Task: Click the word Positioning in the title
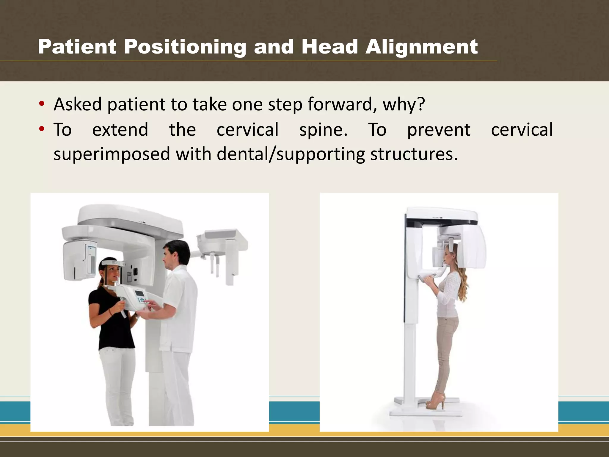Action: pyautogui.click(x=185, y=47)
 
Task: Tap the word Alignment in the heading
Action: pyautogui.click(x=421, y=47)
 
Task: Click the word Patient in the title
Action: pyautogui.click(x=77, y=47)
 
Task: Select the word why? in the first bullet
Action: pyautogui.click(x=404, y=104)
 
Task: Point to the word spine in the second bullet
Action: pyautogui.click(x=323, y=130)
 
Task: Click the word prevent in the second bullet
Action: pyautogui.click(x=439, y=130)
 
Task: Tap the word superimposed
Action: pyautogui.click(x=112, y=154)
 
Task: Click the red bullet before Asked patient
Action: pyautogui.click(x=42, y=104)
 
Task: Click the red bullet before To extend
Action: pyautogui.click(x=42, y=129)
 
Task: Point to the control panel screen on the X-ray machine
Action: pyautogui.click(x=140, y=293)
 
